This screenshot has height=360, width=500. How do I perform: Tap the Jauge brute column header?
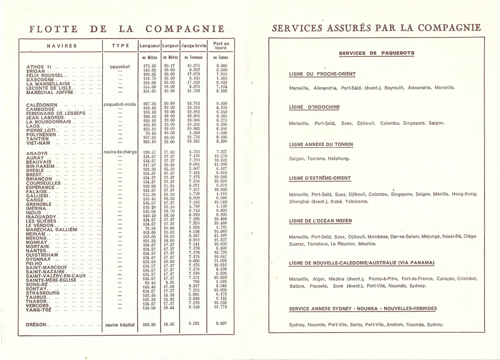[193, 46]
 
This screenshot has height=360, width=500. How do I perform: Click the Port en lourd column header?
[222, 46]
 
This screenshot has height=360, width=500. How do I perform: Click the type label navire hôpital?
[120, 325]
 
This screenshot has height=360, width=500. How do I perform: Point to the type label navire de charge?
[120, 152]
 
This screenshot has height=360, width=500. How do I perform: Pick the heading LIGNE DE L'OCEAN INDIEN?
[324, 221]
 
